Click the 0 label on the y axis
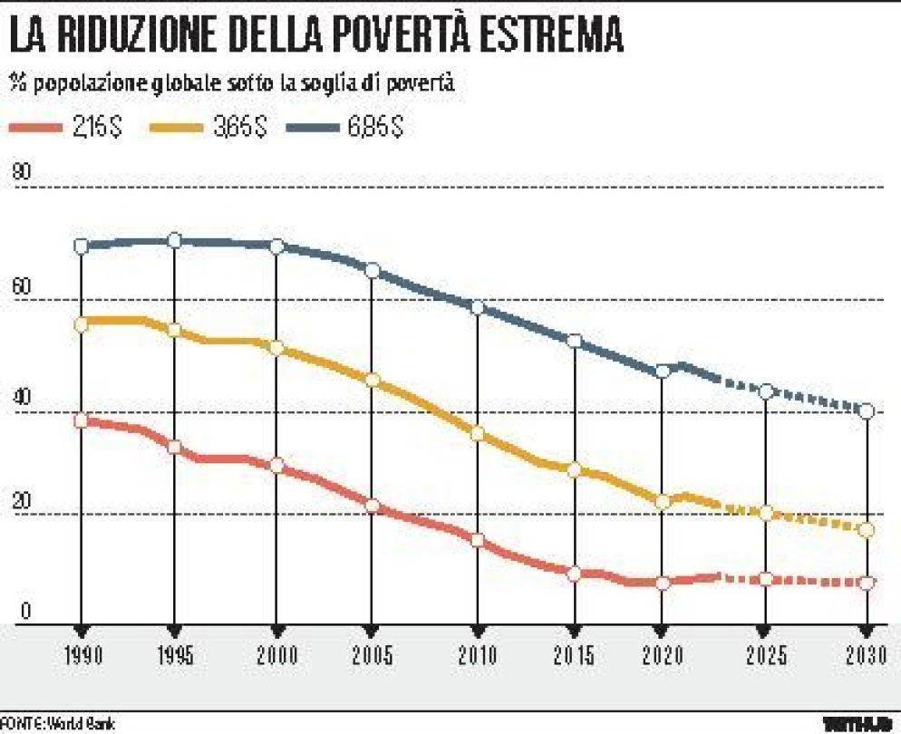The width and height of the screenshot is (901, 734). pyautogui.click(x=25, y=612)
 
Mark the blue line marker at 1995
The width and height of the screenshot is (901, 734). pyautogui.click(x=174, y=240)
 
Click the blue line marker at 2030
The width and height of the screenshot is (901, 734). pyautogui.click(x=867, y=411)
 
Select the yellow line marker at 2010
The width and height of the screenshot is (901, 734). pyautogui.click(x=478, y=434)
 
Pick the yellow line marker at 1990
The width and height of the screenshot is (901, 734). pyautogui.click(x=82, y=324)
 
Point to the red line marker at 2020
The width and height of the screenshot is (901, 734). pyautogui.click(x=663, y=583)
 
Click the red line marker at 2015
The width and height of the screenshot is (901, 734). pyautogui.click(x=573, y=574)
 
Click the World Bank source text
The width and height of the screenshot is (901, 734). pyautogui.click(x=81, y=724)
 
